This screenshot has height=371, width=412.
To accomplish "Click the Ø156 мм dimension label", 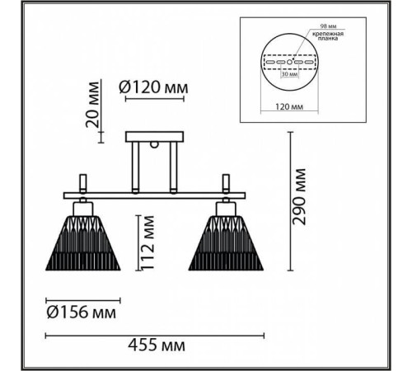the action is [x=82, y=312].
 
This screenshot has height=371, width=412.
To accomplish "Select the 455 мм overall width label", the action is [x=157, y=345].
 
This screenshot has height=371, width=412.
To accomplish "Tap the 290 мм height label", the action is [x=299, y=196].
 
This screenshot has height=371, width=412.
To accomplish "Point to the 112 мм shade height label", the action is [x=147, y=243].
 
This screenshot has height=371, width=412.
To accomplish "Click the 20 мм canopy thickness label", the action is [x=92, y=105].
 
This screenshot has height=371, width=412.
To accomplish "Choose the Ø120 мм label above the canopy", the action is [x=153, y=87].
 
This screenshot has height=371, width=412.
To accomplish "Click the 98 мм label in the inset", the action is [x=328, y=26].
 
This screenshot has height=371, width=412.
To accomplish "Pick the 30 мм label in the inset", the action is [x=290, y=74].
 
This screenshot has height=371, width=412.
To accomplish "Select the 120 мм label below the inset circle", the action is [x=289, y=106].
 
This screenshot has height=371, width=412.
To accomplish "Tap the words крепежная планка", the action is [x=328, y=36].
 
